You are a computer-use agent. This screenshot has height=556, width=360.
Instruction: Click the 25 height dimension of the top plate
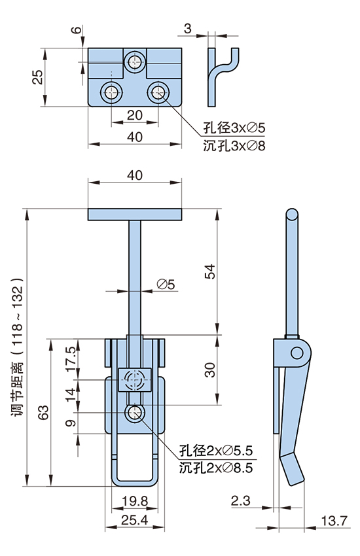[x=37, y=77]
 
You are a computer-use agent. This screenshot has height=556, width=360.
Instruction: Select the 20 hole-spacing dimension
[x=134, y=114]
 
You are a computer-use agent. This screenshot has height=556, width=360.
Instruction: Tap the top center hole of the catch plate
[x=135, y=63]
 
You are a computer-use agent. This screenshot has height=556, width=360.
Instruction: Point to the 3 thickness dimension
[x=189, y=28]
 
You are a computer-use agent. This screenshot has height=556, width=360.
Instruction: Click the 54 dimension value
[x=209, y=272]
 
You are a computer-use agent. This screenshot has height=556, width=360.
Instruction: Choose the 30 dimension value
[x=209, y=370]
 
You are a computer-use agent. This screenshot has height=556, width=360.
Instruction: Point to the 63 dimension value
[x=44, y=412]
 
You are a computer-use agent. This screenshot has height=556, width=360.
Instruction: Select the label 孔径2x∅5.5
[x=215, y=451]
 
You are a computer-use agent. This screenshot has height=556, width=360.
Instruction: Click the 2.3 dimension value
[x=240, y=502]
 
